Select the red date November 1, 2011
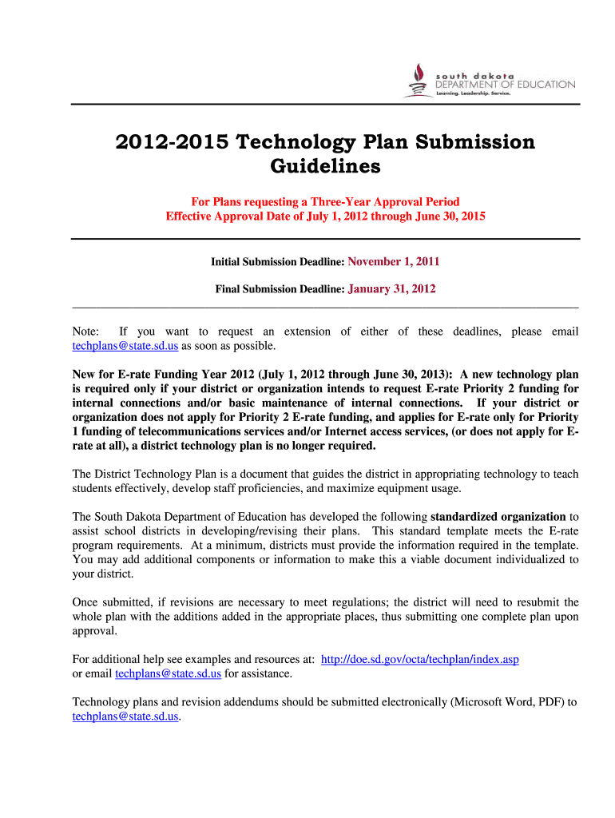pyautogui.click(x=394, y=261)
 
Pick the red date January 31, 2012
pyautogui.click(x=391, y=289)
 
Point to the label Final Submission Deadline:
pyautogui.click(x=280, y=289)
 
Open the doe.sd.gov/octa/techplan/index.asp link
pyautogui.click(x=420, y=660)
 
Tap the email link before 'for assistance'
pyautogui.click(x=168, y=673)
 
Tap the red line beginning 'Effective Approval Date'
pyautogui.click(x=324, y=216)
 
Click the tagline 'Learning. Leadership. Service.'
pyautogui.click(x=473, y=93)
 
